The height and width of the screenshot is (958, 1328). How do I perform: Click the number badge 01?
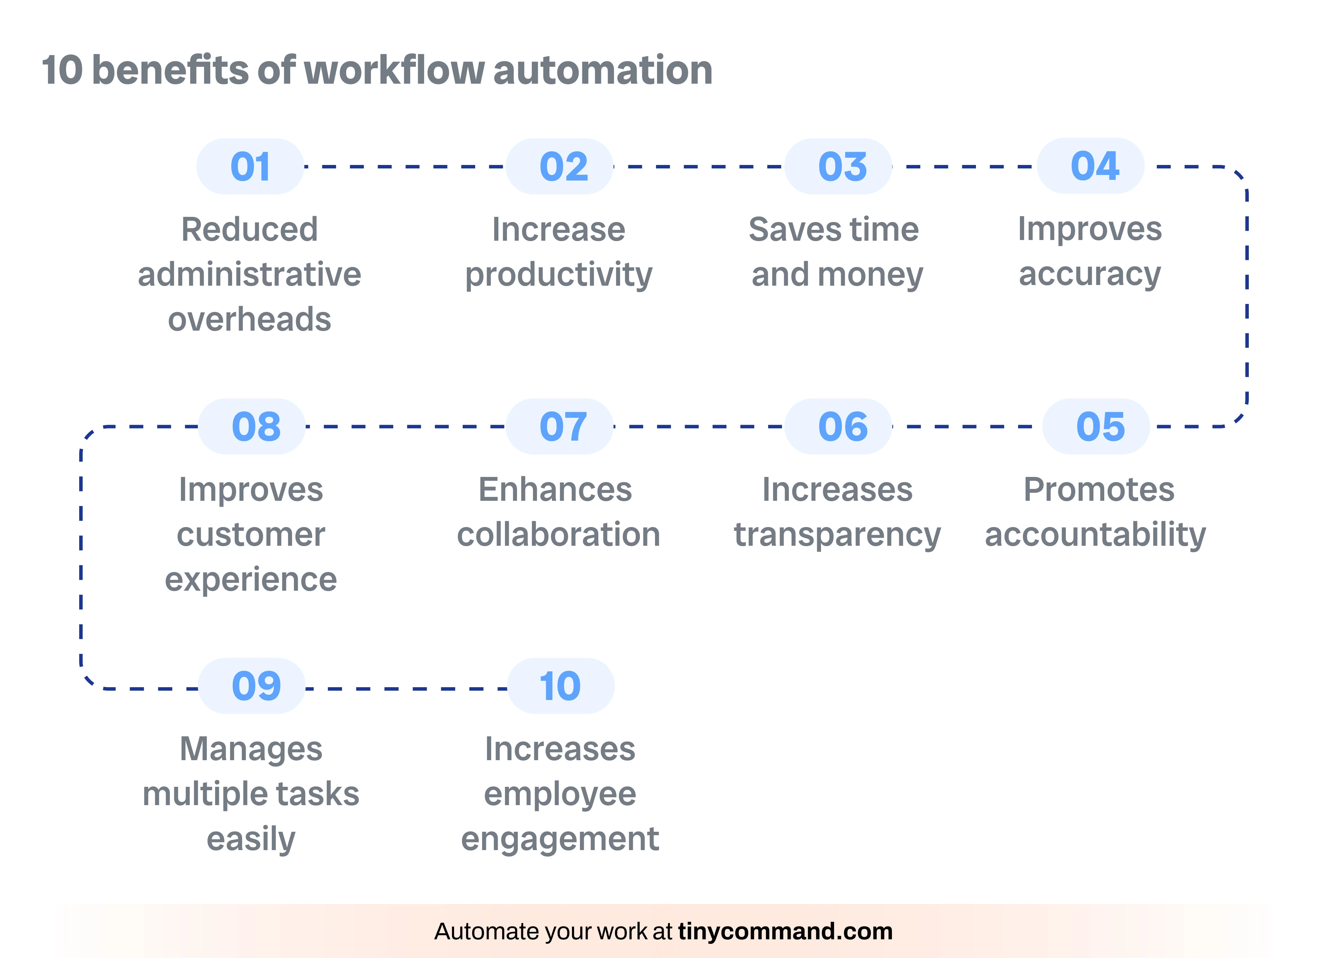(x=250, y=166)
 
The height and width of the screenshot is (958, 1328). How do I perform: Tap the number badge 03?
(x=838, y=166)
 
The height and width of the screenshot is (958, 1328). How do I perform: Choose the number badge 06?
(x=838, y=426)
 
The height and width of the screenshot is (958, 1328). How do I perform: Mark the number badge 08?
(x=252, y=426)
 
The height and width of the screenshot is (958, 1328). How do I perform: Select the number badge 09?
(x=252, y=686)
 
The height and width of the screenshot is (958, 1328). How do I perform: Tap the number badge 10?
(x=560, y=686)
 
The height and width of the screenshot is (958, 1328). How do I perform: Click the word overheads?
(x=249, y=320)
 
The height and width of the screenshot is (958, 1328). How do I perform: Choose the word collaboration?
(x=559, y=535)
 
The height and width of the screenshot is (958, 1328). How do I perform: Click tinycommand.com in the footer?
(x=785, y=931)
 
